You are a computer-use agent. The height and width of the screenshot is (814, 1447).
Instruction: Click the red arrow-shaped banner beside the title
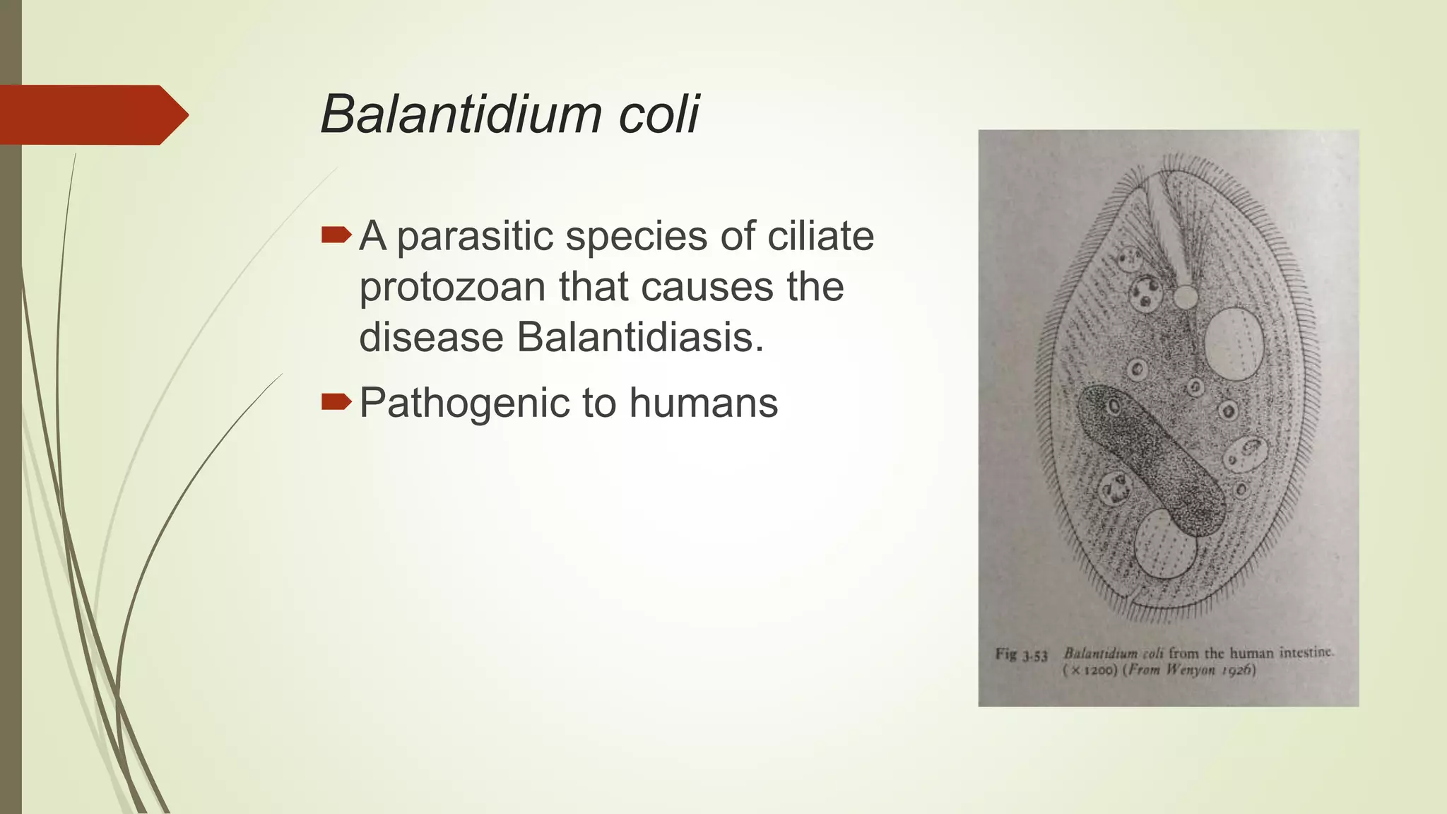tap(92, 114)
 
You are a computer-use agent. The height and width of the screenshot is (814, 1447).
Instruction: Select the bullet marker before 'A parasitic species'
tap(336, 235)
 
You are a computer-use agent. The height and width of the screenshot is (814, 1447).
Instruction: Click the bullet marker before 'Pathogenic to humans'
tap(336, 403)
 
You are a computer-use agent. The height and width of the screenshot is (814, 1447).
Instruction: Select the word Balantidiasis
tap(639, 337)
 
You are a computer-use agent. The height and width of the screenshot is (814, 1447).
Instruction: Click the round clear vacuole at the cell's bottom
tap(1165, 545)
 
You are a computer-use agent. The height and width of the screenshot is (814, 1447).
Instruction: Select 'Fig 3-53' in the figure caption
tap(1021, 655)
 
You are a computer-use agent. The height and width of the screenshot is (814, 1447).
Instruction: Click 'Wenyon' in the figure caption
tap(1191, 669)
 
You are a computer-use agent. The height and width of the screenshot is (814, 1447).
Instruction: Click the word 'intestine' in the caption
tap(1306, 652)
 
